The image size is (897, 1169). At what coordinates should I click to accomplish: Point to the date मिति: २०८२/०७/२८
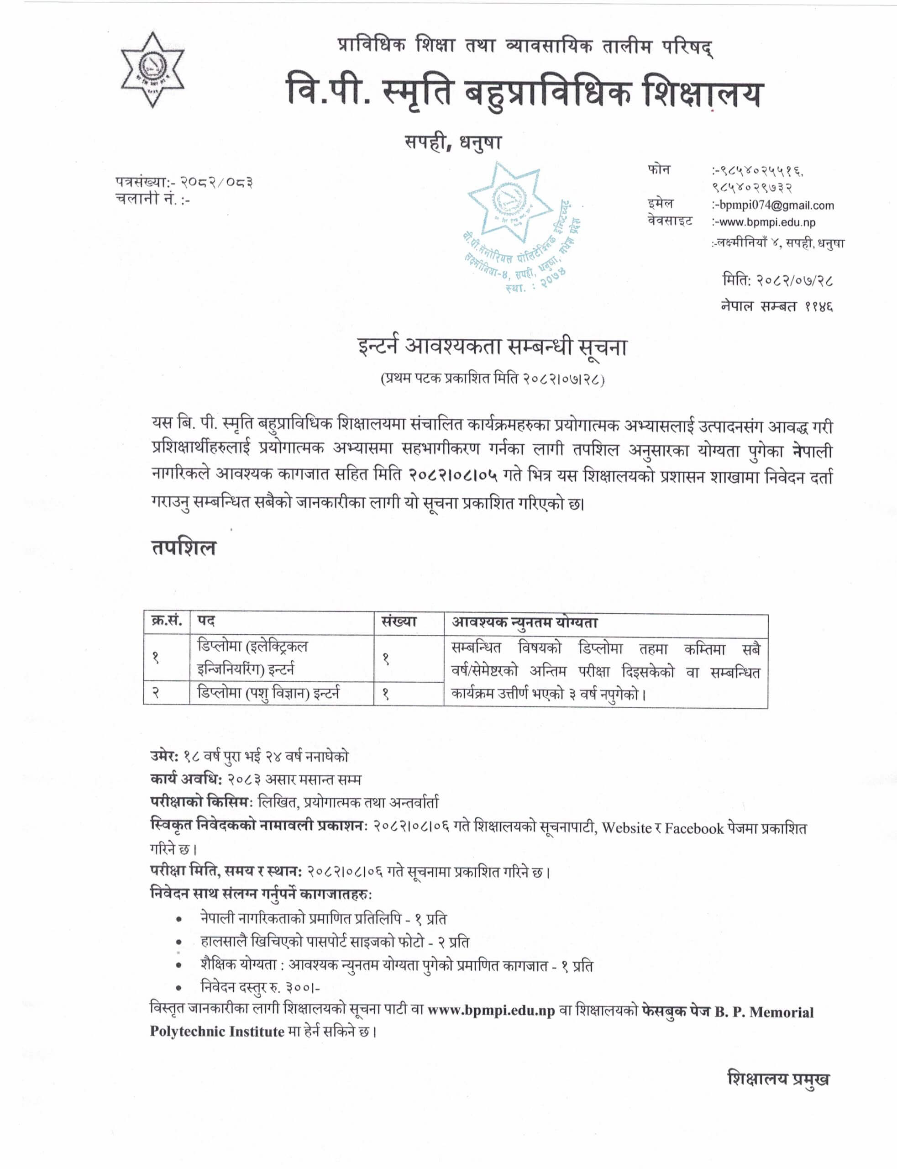pos(777,280)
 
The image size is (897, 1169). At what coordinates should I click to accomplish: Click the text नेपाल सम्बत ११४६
pos(776,306)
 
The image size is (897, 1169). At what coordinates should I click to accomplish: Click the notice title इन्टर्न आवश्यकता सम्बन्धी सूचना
pos(492,347)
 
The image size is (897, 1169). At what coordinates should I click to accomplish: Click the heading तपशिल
pos(183,548)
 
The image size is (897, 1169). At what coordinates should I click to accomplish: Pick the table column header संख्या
pos(399,621)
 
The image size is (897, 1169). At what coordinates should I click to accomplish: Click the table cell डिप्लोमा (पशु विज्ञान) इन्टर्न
pos(268,694)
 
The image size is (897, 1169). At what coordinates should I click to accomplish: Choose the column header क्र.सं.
pos(167,621)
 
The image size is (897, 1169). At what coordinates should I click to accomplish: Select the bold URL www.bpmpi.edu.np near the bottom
pos(491,1011)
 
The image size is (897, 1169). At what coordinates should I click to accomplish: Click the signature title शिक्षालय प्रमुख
pos(778,1079)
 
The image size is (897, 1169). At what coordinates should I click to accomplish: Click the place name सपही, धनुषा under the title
pos(453,143)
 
